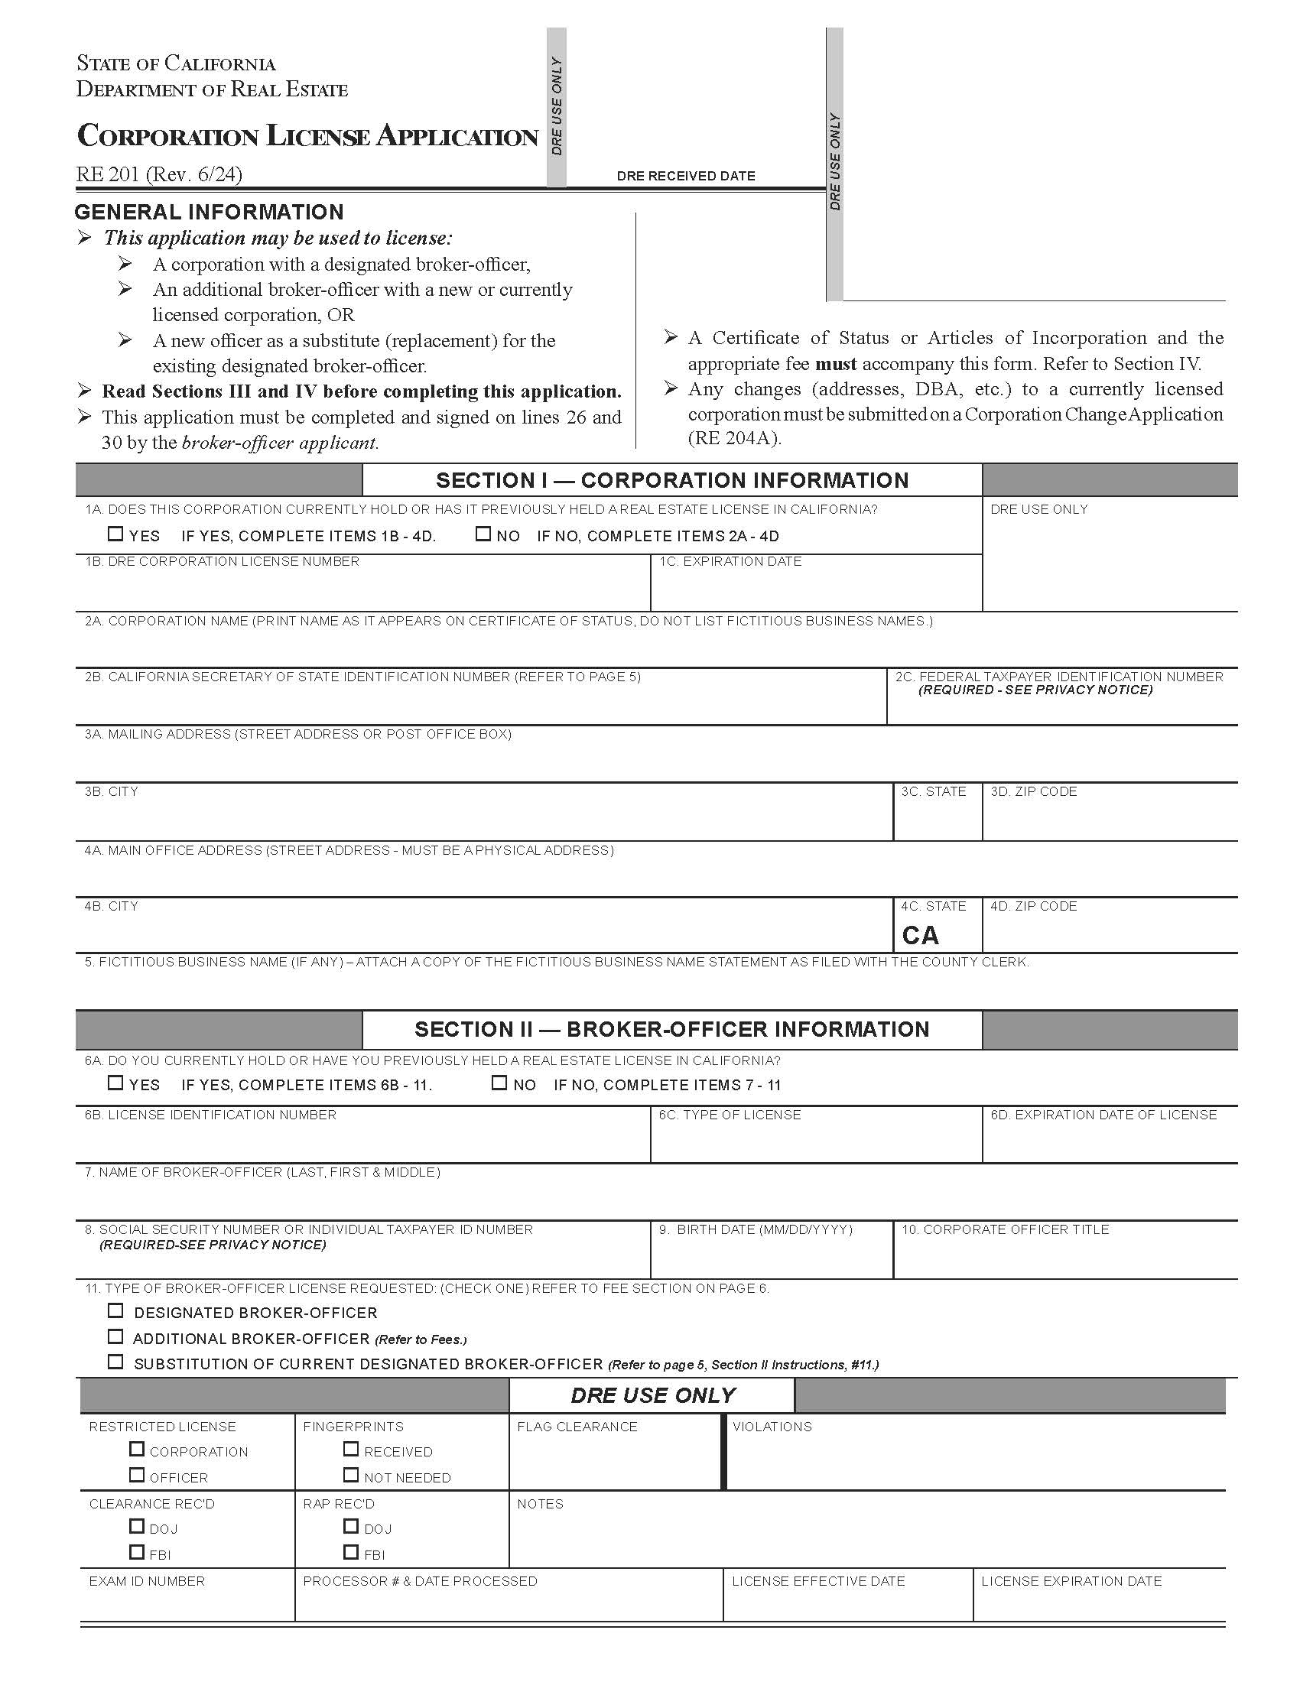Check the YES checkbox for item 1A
pyautogui.click(x=115, y=533)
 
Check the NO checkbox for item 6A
pyautogui.click(x=499, y=1083)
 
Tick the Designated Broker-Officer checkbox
pyautogui.click(x=115, y=1310)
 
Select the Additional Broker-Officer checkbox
pyautogui.click(x=115, y=1336)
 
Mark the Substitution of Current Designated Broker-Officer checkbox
pyautogui.click(x=115, y=1362)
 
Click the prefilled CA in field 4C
pyautogui.click(x=920, y=935)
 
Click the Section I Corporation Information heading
pyautogui.click(x=671, y=481)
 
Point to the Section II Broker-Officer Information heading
pyautogui.click(x=671, y=1029)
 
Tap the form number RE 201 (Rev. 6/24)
pyautogui.click(x=158, y=174)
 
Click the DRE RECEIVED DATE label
pyautogui.click(x=685, y=176)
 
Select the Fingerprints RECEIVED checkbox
pyautogui.click(x=351, y=1449)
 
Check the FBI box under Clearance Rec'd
pyautogui.click(x=137, y=1552)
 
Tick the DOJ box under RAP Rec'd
pyautogui.click(x=351, y=1526)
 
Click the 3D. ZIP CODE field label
pyautogui.click(x=1033, y=792)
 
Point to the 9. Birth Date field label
pyautogui.click(x=756, y=1229)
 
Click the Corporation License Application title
pyautogui.click(x=307, y=136)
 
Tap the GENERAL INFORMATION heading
pyautogui.click(x=209, y=212)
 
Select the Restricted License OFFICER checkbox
pyautogui.click(x=137, y=1475)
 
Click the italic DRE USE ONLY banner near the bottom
pyautogui.click(x=652, y=1395)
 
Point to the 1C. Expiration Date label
pyautogui.click(x=730, y=561)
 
